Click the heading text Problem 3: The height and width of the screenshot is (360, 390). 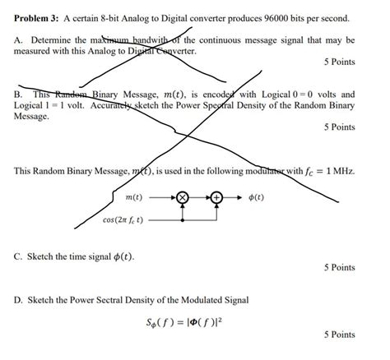(x=40, y=18)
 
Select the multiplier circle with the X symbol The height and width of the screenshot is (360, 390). (x=183, y=198)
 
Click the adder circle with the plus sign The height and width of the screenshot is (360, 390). (x=216, y=198)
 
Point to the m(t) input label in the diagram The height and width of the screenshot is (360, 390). (x=134, y=198)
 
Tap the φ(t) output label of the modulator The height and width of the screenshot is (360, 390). (x=256, y=198)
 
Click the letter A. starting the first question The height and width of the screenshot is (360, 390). (x=19, y=39)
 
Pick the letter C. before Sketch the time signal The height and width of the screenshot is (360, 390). (x=19, y=256)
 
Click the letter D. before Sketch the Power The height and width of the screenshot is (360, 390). (x=19, y=300)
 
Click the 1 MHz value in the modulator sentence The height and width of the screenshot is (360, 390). (x=340, y=171)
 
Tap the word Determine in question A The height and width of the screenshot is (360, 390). (x=55, y=39)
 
